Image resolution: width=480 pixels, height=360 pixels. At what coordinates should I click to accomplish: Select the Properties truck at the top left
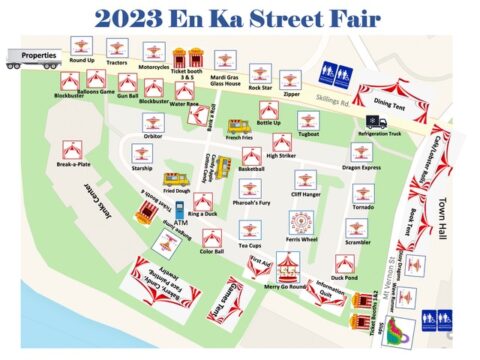(32, 58)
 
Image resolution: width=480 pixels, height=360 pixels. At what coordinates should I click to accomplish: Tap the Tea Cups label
(249, 246)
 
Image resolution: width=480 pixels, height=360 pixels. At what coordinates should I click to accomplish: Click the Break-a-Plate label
(72, 165)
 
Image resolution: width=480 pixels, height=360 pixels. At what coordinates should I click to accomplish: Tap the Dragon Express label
(361, 169)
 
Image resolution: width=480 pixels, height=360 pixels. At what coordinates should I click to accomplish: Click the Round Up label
(82, 59)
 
